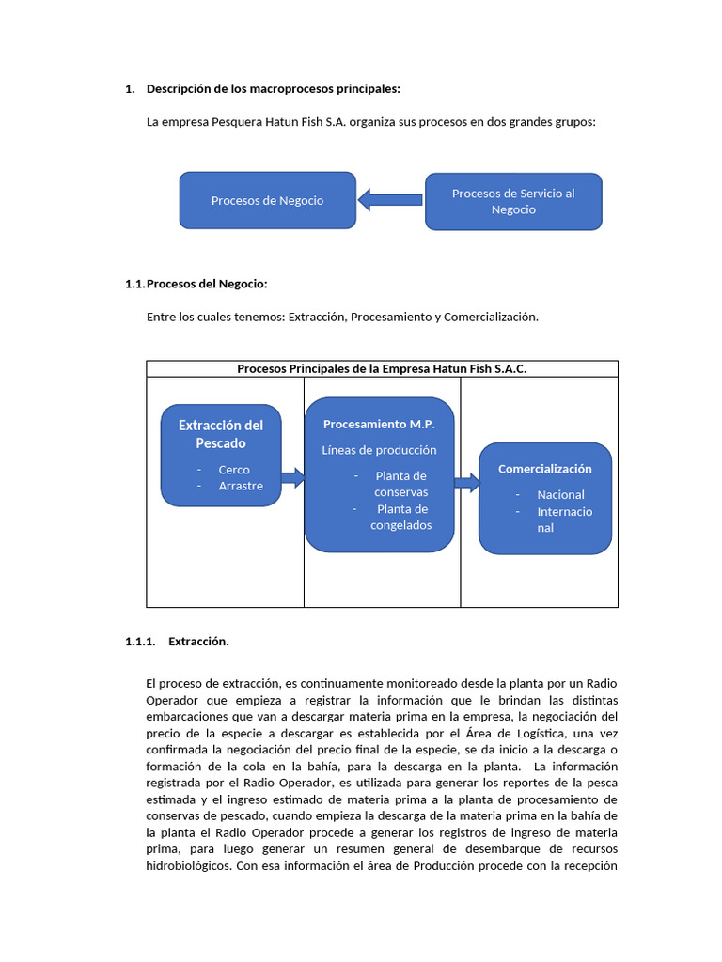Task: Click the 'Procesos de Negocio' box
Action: tap(267, 200)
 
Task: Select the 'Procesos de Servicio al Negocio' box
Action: tap(513, 201)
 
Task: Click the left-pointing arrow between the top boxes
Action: tap(390, 199)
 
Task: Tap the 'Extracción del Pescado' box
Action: tap(221, 433)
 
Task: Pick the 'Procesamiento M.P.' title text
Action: tap(379, 425)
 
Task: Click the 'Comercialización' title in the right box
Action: tap(544, 469)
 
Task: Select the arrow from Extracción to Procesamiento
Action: tap(292, 478)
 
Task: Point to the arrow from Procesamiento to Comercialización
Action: tap(466, 483)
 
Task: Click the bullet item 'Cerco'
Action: tap(234, 470)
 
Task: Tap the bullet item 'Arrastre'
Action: tap(241, 486)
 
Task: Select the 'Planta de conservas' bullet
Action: tap(400, 484)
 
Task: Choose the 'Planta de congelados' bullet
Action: tap(400, 517)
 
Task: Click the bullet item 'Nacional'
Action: tap(560, 495)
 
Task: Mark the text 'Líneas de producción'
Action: tap(379, 450)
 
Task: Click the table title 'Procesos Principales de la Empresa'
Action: tap(382, 369)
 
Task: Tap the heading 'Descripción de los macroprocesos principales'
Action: tap(273, 89)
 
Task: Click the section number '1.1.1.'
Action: tap(139, 642)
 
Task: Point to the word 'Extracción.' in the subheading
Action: tap(198, 642)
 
